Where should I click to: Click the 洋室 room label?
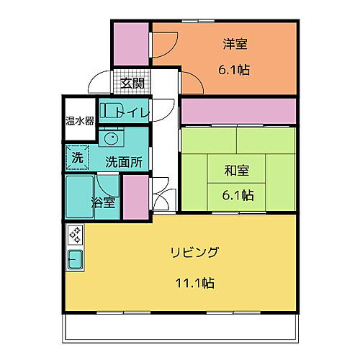(235, 45)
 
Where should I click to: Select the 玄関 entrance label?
(132, 84)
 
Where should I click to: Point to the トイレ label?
(137, 112)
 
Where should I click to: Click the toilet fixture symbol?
(110, 111)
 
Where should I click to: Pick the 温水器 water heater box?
(79, 120)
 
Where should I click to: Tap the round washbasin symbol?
(111, 137)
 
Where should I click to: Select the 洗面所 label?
(124, 161)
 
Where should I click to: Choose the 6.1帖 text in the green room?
(237, 195)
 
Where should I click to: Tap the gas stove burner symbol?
(76, 235)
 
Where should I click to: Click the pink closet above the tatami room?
(238, 112)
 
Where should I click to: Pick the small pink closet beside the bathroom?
(135, 197)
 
